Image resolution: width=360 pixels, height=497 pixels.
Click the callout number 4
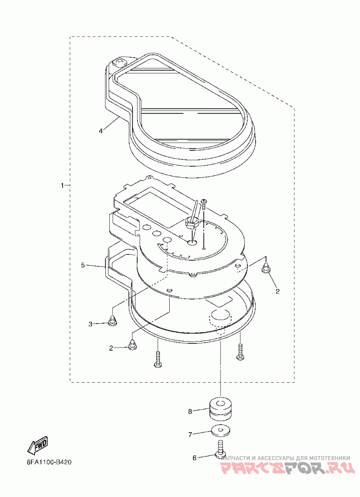(101, 131)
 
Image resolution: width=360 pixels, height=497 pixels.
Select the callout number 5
(83, 265)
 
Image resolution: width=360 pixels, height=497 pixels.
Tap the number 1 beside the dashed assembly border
(63, 185)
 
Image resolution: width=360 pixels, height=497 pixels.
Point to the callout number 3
(90, 324)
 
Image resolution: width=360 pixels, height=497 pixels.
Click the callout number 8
(190, 411)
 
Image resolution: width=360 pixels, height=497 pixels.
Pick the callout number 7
(190, 434)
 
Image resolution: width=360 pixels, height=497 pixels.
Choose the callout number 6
(194, 458)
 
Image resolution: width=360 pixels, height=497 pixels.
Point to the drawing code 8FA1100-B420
(46, 462)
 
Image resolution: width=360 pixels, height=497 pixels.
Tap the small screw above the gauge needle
(203, 203)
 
